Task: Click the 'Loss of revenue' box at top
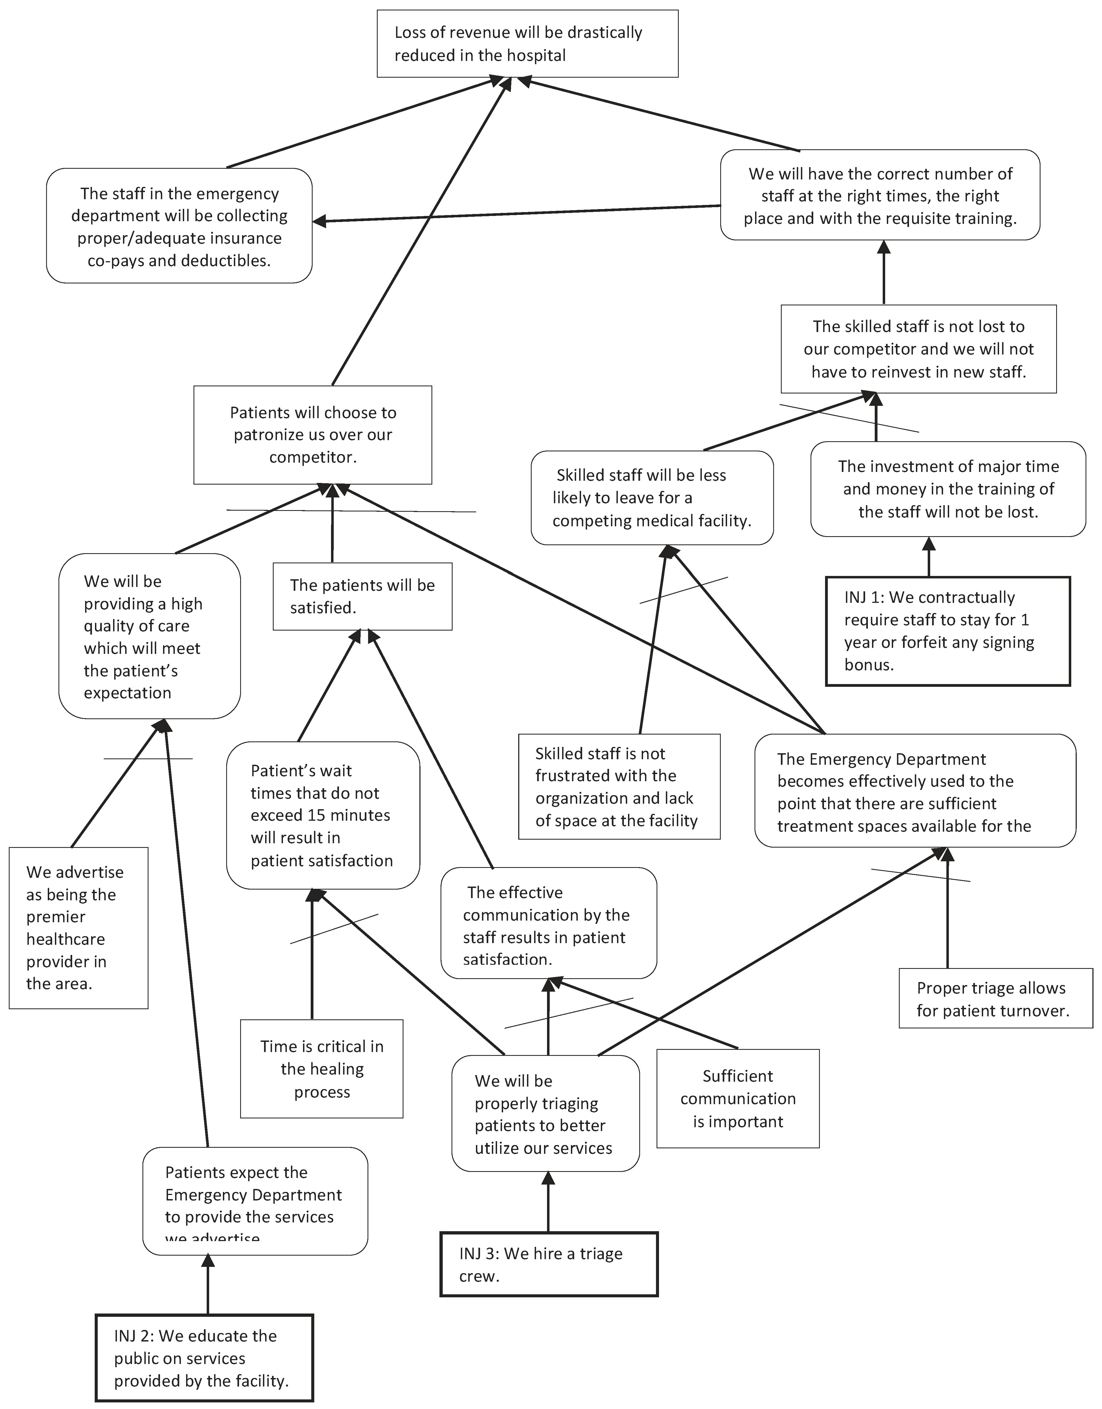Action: pyautogui.click(x=527, y=44)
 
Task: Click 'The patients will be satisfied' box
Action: pyautogui.click(x=362, y=596)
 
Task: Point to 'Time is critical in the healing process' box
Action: pyautogui.click(x=321, y=1068)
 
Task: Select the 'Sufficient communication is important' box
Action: pyautogui.click(x=738, y=1098)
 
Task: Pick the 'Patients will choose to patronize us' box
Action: pyautogui.click(x=312, y=435)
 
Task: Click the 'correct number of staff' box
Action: pyautogui.click(x=879, y=195)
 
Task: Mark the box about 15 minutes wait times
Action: pyautogui.click(x=323, y=815)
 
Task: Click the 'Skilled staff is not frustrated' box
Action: pyautogui.click(x=619, y=786)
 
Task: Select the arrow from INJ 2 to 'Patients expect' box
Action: pyautogui.click(x=208, y=1284)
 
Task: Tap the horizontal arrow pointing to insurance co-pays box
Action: pyautogui.click(x=516, y=213)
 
